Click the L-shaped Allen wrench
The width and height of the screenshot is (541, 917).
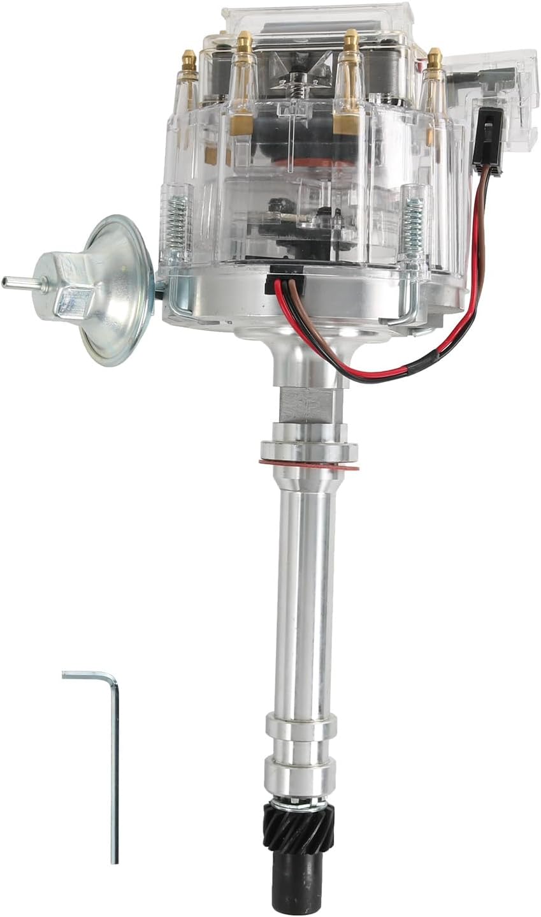(115, 765)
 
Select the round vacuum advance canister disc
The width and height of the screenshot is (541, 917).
(118, 290)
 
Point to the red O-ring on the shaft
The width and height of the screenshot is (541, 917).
(308, 463)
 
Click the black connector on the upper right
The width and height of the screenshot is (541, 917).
(486, 137)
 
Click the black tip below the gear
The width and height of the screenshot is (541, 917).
(295, 886)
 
